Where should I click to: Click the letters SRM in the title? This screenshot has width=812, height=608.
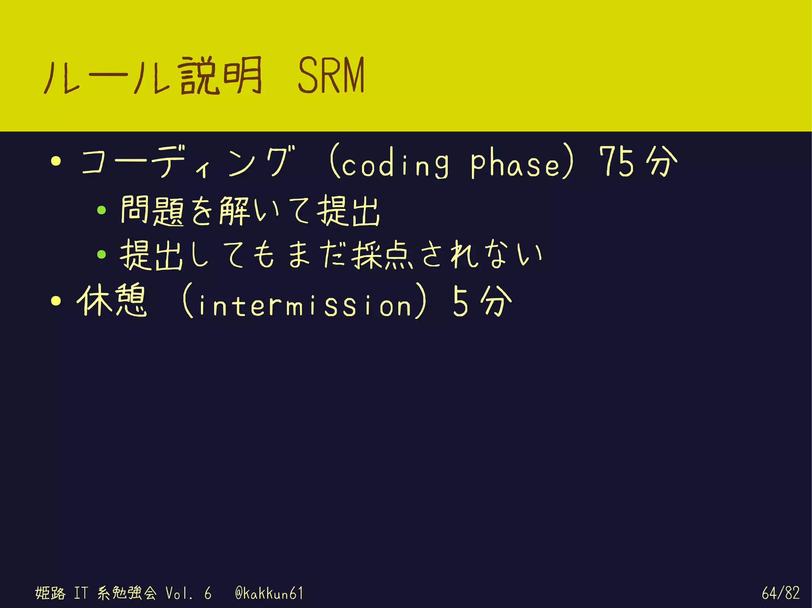pos(331,75)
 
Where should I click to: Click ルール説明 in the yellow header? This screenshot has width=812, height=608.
pos(153,76)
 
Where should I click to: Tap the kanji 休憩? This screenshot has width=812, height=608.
pos(112,301)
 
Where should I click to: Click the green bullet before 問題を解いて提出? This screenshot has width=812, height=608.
pos(101,210)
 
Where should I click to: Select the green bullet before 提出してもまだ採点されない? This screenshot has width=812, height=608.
pos(101,254)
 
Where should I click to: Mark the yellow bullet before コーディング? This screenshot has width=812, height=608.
pos(56,161)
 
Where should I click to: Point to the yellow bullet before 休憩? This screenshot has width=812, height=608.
pos(56,301)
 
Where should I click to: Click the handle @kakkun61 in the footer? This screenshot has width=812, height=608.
pos(269,593)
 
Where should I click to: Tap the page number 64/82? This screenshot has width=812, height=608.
pos(780,593)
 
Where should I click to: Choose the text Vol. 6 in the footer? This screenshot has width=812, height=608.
pos(188,593)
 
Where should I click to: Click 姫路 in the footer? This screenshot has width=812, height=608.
pos(50,593)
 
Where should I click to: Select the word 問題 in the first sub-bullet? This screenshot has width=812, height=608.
pos(152,211)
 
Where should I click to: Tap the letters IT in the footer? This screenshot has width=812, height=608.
pos(80,593)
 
